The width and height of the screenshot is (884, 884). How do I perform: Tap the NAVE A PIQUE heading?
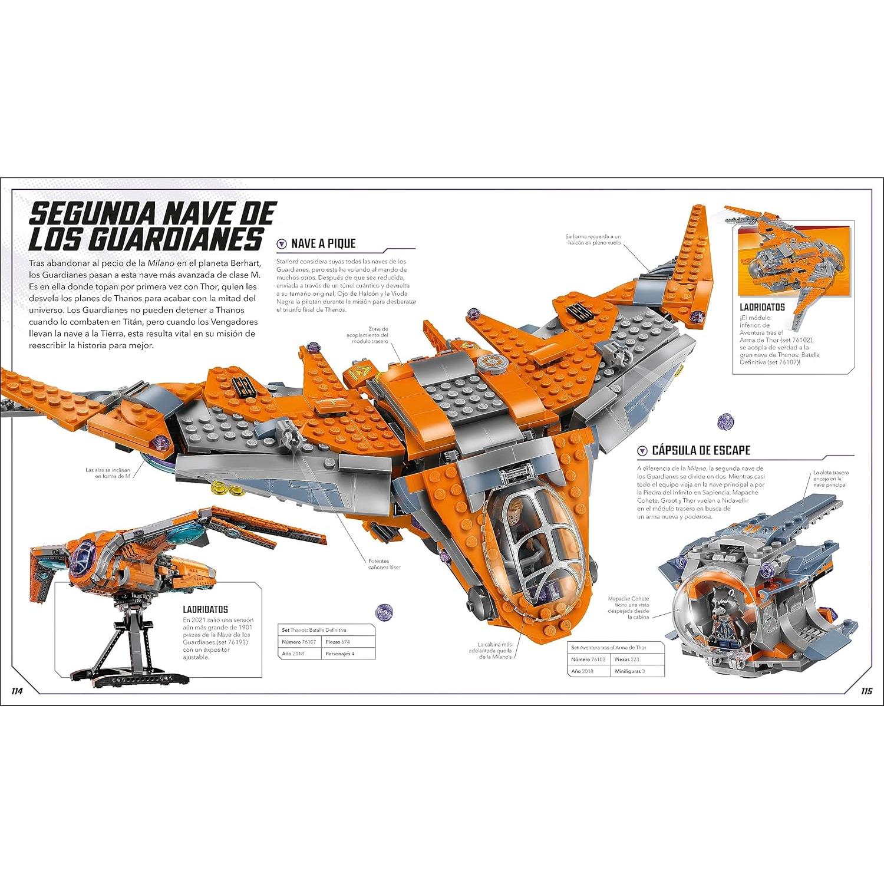[323, 244]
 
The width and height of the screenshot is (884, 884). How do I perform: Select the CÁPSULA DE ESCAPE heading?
[701, 450]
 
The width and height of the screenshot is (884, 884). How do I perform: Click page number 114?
[17, 691]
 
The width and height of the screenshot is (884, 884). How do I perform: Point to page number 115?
[866, 691]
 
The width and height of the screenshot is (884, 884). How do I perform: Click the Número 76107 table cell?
[299, 642]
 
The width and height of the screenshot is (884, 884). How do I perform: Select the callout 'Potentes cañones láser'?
[384, 564]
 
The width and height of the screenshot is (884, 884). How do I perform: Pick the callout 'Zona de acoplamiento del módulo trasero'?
[370, 335]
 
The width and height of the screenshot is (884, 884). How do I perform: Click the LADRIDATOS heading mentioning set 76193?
[204, 609]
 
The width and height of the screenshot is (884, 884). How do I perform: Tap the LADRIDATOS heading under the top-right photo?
[762, 307]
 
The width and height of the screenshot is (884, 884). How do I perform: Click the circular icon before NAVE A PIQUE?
[282, 244]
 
